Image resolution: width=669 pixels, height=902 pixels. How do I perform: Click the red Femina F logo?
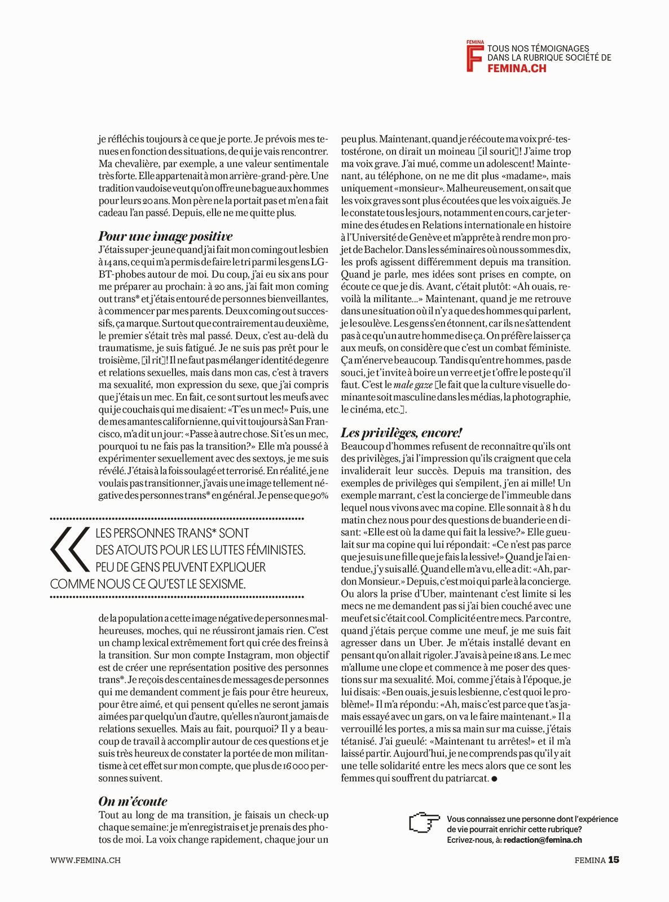click(474, 57)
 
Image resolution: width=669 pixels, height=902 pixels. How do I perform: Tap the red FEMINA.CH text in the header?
click(517, 68)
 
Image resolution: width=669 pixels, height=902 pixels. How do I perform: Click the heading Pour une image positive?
click(165, 236)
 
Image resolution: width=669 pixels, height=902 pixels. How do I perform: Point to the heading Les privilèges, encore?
click(401, 432)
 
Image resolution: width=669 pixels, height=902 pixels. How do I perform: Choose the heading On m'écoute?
click(133, 801)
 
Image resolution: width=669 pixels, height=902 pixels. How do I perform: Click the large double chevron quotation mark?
click(69, 550)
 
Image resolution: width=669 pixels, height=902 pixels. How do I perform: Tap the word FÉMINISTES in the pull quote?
click(271, 550)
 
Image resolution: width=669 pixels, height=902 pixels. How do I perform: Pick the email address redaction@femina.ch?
click(543, 840)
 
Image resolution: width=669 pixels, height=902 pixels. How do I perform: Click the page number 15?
click(614, 860)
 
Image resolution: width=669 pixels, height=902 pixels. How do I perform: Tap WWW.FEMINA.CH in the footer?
click(85, 860)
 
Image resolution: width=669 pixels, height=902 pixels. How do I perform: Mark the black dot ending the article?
click(495, 779)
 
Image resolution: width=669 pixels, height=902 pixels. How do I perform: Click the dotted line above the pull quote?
click(177, 518)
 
